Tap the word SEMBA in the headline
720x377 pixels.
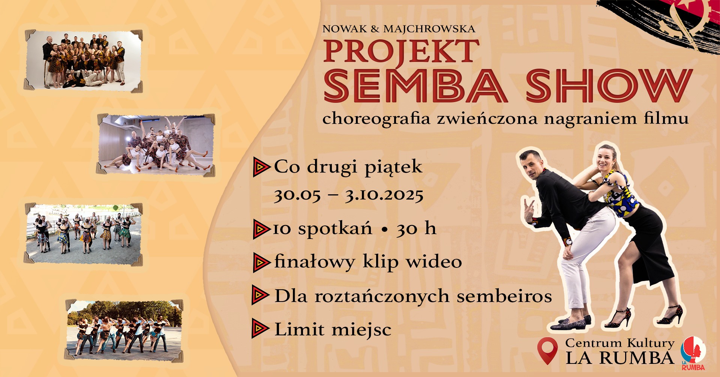415,86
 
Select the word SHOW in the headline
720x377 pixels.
608,86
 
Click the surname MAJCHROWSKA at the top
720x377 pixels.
429,29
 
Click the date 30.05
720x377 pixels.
297,195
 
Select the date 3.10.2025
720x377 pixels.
384,195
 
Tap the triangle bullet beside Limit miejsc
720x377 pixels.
260,329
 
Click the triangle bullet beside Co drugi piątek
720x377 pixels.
261,167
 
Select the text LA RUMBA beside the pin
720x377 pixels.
619,357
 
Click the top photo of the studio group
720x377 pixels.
83,60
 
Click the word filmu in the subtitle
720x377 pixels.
666,119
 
